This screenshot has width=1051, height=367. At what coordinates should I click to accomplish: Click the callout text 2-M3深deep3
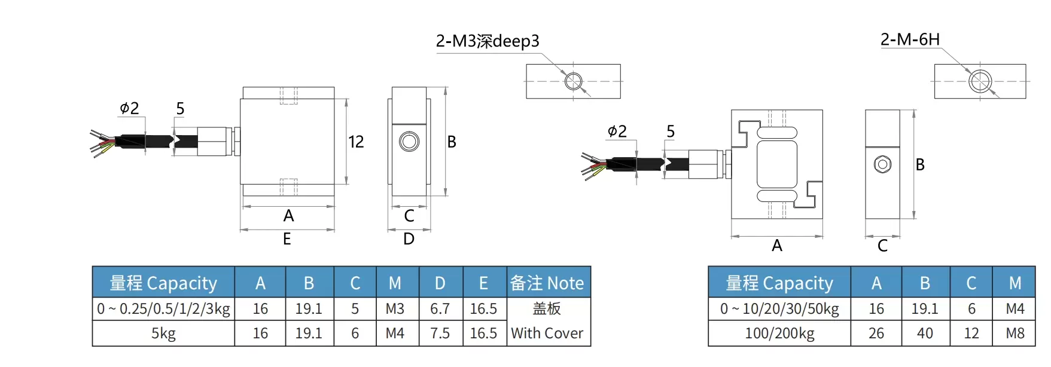point(488,41)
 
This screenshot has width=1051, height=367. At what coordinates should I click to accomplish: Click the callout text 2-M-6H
point(910,39)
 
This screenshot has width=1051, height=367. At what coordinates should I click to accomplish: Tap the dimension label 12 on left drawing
point(356,142)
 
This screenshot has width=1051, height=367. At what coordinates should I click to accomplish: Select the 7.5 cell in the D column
point(440,333)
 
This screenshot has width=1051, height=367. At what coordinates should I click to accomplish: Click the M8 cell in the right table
point(1015,333)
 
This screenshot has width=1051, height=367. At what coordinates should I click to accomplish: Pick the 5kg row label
point(163,333)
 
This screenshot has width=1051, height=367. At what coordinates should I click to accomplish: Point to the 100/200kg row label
point(779,333)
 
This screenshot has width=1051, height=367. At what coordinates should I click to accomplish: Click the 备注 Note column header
point(547,283)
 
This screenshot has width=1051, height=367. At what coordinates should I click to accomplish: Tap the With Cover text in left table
point(547,333)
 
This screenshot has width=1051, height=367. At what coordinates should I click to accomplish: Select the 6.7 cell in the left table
point(440,308)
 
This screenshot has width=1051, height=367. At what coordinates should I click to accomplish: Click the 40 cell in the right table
point(925,333)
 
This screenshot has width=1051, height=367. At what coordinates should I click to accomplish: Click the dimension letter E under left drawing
point(287,239)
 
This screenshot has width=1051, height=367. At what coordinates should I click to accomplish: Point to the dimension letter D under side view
point(409,239)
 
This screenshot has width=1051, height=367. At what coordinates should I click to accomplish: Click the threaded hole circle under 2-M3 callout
point(574,81)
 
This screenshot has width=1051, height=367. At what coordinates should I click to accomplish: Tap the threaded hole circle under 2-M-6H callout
point(980,81)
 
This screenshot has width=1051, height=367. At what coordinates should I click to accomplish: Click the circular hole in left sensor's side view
point(409,142)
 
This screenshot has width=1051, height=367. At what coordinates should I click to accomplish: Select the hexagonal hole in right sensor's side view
point(882,164)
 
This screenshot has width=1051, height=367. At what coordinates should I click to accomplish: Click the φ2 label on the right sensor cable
point(617,131)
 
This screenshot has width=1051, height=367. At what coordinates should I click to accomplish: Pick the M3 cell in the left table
point(395,308)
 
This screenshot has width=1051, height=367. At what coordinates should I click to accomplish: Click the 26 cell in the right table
point(876,333)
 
